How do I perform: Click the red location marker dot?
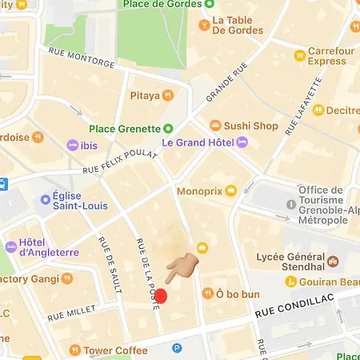(x=160, y=296)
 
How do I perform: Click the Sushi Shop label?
(x=251, y=126)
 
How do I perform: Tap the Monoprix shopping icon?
(x=231, y=190)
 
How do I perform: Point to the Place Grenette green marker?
(x=168, y=128)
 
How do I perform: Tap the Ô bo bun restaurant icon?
(x=208, y=294)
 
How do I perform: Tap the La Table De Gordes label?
(x=237, y=25)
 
